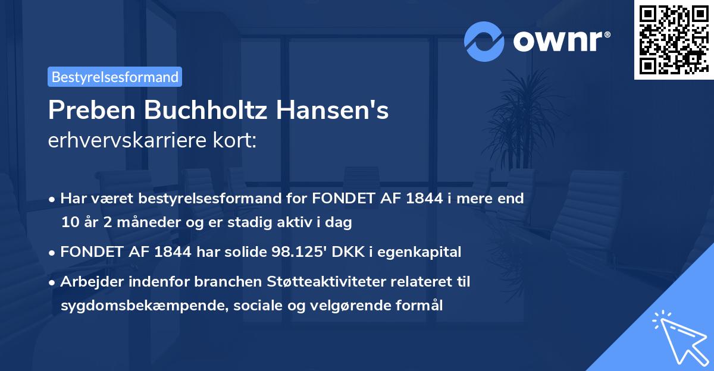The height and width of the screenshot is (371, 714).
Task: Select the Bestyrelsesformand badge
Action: click(114, 77)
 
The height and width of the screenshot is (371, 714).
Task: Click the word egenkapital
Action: click(425, 252)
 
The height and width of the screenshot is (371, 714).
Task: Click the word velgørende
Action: click(329, 306)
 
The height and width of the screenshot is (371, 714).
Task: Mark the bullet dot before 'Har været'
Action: click(54, 199)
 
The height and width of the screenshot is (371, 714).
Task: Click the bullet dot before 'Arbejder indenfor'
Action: click(54, 282)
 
